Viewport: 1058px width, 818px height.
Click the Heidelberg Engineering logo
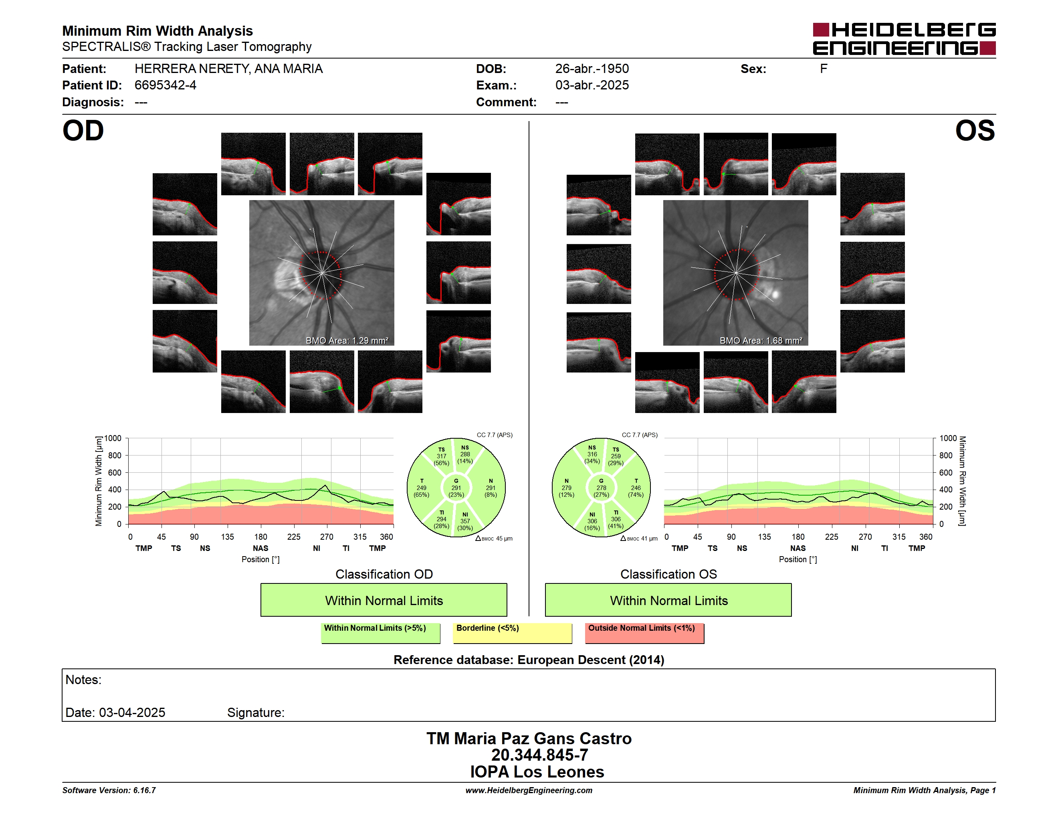[x=904, y=39]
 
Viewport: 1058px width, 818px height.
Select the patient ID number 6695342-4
[x=165, y=85]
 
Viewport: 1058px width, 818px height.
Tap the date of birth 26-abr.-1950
[x=592, y=69]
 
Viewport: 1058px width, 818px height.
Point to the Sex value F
[x=824, y=69]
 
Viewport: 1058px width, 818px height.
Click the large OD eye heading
[x=83, y=131]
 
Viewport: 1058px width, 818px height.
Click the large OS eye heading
[x=975, y=131]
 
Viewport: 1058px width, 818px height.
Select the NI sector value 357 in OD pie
[x=465, y=521]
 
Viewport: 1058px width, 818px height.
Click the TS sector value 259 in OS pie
[x=616, y=456]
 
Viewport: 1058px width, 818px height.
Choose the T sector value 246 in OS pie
[x=636, y=488]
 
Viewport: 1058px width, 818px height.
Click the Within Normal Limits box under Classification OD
[x=384, y=600]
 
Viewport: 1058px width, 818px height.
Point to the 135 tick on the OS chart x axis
[x=764, y=537]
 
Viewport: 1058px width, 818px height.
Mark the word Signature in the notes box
[x=255, y=713]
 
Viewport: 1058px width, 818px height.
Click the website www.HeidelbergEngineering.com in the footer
[x=529, y=790]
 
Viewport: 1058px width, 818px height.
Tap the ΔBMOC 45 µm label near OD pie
[x=494, y=539]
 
